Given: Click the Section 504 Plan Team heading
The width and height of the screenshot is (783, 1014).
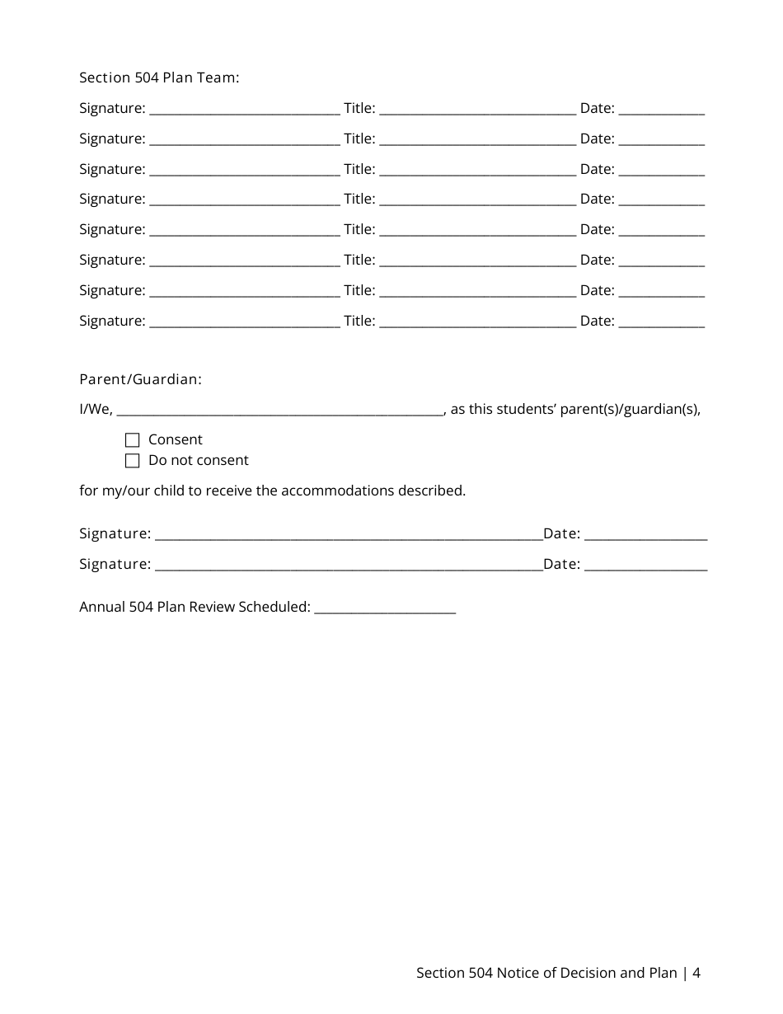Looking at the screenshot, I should [x=159, y=77].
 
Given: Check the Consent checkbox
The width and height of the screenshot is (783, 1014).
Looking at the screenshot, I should [x=132, y=440].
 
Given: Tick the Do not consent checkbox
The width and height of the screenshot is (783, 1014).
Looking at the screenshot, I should [x=132, y=461].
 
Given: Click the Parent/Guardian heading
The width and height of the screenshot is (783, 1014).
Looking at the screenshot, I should [x=140, y=379].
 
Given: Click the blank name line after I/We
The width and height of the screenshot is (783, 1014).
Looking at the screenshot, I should [x=280, y=410].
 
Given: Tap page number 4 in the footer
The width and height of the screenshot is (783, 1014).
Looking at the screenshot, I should [x=696, y=973].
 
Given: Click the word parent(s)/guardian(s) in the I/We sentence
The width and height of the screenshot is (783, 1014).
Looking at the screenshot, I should [x=630, y=410].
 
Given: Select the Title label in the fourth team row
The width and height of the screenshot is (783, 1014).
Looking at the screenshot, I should [x=359, y=199].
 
